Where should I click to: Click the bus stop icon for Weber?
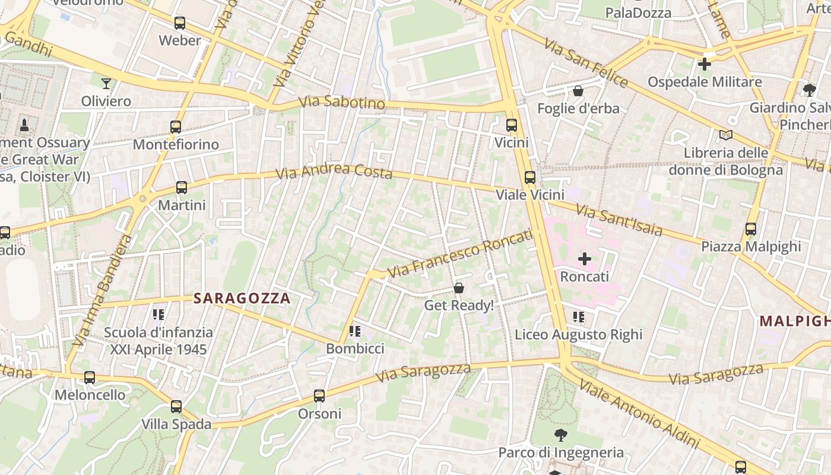pos(179,23)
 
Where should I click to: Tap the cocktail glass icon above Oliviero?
pos(106,83)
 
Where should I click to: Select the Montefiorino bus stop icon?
pos(175,126)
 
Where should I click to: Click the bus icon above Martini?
pos(181,188)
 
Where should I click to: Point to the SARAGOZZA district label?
pos(242,299)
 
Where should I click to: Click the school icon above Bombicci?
pos(355,331)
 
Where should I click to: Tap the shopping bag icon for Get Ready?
pos(459,288)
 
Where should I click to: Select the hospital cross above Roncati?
pos(585,259)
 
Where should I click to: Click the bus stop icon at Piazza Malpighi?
pos(751,229)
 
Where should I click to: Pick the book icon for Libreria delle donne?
pos(725,135)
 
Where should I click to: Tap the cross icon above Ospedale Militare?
pos(705,64)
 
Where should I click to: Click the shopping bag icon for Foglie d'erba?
pos(578,91)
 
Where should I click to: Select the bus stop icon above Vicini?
pos(511,125)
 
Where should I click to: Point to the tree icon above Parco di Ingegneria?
pos(560,435)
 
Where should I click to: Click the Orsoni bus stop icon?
pos(319,396)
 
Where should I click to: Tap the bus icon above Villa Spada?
pos(176,407)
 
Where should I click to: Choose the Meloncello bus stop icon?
pos(90,377)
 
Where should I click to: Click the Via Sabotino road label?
pos(342,103)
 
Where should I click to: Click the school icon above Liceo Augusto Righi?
pos(579,317)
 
